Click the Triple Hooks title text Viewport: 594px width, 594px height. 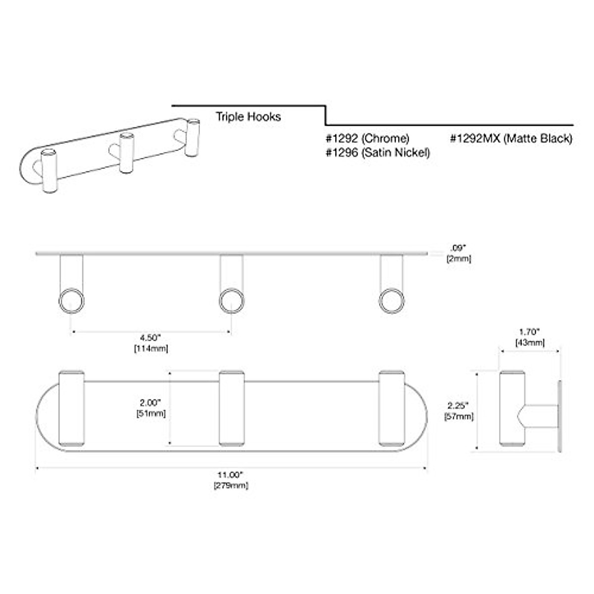click(x=248, y=117)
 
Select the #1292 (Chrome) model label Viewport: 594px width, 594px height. click(x=367, y=139)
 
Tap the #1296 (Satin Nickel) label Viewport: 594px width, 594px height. click(x=377, y=153)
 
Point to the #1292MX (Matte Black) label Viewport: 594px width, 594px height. click(x=511, y=139)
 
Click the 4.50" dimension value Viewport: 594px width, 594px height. click(x=150, y=338)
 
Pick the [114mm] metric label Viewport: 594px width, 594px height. click(x=150, y=348)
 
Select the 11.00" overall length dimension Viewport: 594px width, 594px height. click(x=231, y=475)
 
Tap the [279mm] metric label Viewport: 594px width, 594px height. click(x=231, y=486)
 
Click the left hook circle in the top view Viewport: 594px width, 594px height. click(x=71, y=301)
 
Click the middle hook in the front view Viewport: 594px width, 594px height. click(x=231, y=409)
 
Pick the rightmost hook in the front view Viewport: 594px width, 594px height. click(x=392, y=409)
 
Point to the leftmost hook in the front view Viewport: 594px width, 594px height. click(x=71, y=409)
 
